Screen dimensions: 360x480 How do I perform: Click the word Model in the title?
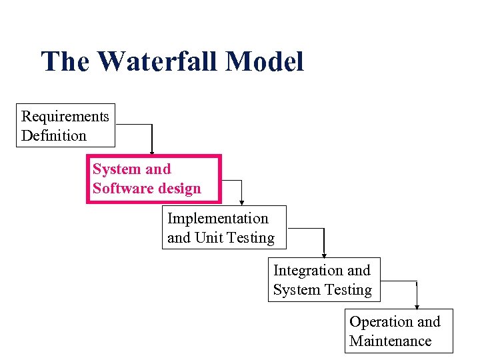click(265, 61)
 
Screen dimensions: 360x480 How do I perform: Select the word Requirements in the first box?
click(65, 116)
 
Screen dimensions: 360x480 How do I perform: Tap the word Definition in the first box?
click(53, 135)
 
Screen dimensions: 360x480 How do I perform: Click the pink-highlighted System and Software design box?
click(153, 179)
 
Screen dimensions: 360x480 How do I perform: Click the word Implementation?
click(217, 219)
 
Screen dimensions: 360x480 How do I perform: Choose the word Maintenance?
click(390, 341)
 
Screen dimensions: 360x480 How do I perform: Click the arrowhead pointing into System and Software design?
click(152, 152)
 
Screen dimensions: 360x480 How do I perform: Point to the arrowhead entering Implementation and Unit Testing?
click(241, 203)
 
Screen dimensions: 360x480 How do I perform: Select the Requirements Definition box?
click(65, 125)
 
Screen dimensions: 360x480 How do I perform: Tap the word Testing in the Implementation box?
click(250, 238)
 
